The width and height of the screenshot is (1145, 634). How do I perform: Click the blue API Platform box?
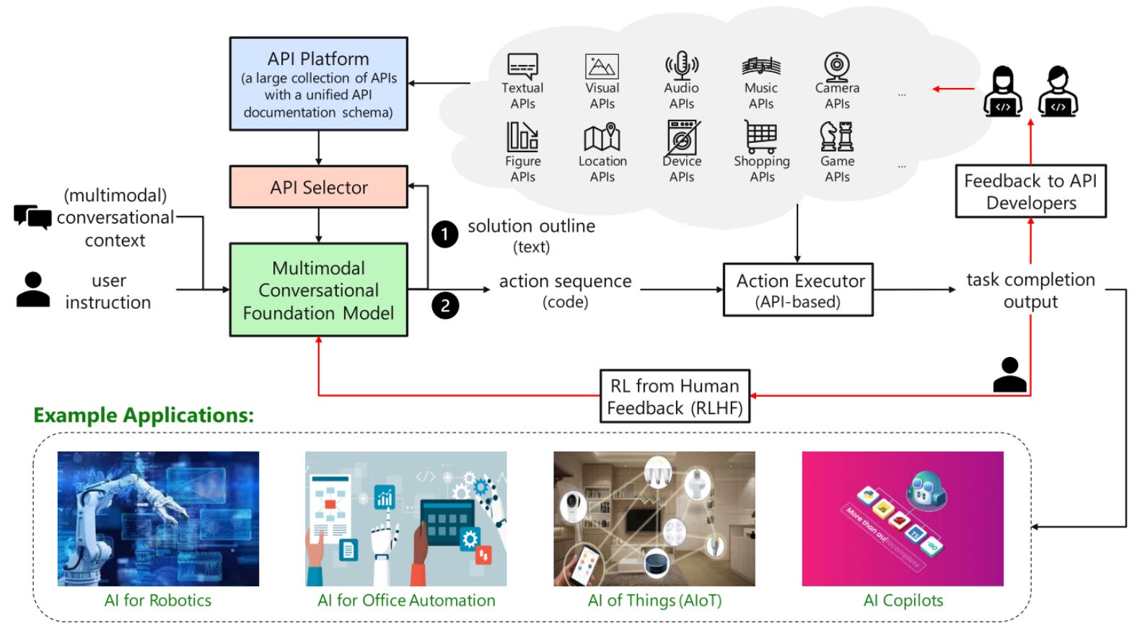[318, 84]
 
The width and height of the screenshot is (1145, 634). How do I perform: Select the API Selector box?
[318, 188]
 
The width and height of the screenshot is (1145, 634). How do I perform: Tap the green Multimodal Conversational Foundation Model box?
[318, 290]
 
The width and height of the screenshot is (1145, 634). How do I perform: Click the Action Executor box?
[798, 290]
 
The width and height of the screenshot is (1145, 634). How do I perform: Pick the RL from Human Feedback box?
[675, 396]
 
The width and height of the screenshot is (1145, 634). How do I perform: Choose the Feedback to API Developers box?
[1030, 191]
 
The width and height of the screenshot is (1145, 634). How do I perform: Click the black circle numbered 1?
[445, 234]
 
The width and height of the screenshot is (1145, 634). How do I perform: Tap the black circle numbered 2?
[445, 306]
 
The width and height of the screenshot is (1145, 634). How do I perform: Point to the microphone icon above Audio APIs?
[681, 66]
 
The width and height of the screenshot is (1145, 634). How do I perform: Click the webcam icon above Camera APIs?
[837, 66]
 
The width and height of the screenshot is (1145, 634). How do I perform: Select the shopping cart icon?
[761, 136]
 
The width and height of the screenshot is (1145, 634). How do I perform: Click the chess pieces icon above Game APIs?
[837, 136]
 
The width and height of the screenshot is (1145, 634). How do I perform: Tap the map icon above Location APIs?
[602, 137]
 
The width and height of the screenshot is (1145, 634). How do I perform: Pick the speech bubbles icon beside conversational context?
[32, 216]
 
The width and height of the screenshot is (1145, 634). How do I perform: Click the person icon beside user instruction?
[33, 290]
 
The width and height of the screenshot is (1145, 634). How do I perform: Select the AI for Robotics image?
[158, 519]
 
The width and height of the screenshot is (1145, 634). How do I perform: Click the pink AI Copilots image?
[903, 519]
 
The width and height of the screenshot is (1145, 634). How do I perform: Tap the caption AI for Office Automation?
[406, 601]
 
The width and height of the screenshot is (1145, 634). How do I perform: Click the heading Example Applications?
[144, 415]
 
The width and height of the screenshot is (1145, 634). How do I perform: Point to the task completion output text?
[1030, 290]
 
